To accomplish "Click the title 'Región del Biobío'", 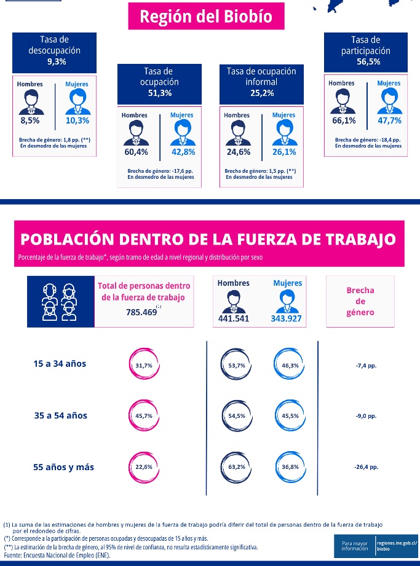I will pos(205,17).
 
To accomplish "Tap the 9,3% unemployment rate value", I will pos(56,61).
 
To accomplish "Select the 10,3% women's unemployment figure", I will pos(77,121).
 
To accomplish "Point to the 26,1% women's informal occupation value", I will pos(284,152).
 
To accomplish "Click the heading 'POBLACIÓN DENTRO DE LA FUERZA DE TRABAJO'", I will pos(208,239).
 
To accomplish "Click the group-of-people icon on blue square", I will pos(60,301).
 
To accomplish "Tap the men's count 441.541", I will pos(234,318).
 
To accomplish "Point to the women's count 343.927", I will pos(286,318).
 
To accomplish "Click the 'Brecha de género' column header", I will pos(360,301).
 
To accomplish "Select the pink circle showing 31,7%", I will pos(144,366).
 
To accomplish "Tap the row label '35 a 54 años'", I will pos(61,415).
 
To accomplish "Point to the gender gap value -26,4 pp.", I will pos(367,467).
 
